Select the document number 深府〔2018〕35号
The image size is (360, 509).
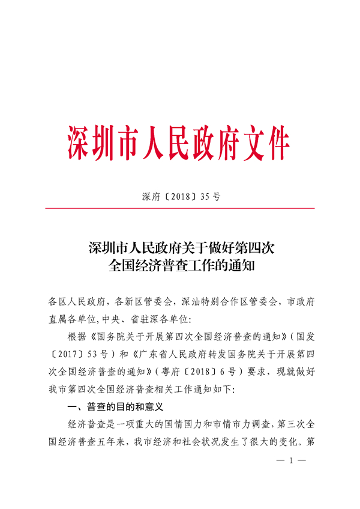180,196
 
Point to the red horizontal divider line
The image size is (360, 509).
180,208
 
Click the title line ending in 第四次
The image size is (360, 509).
180,246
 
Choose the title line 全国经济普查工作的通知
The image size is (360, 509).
180,265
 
